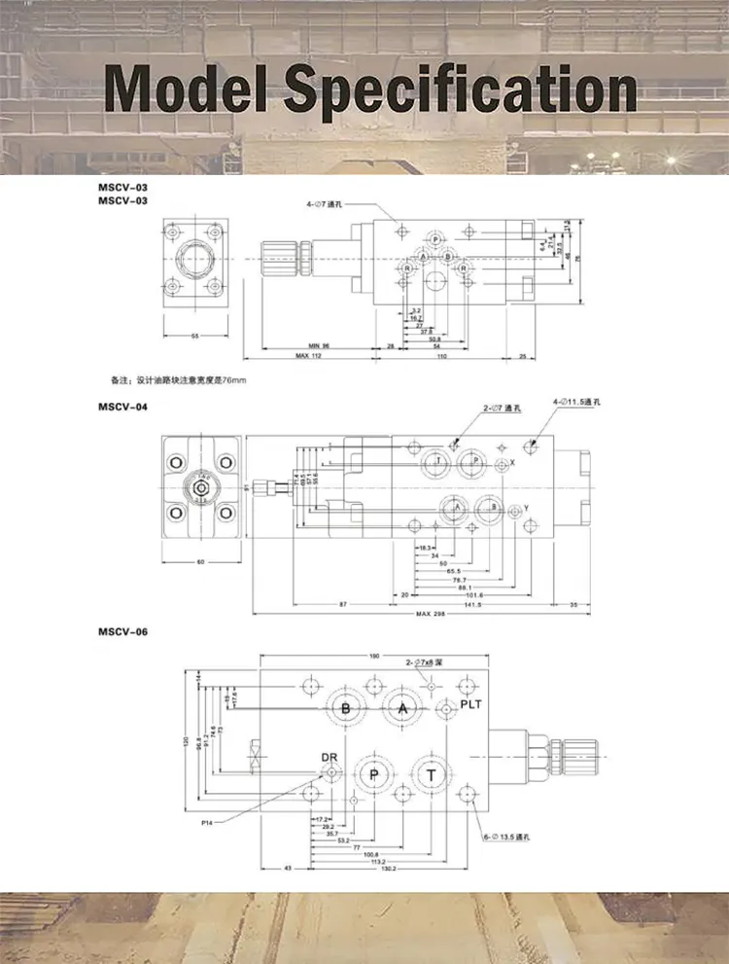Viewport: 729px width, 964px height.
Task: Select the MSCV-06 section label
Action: coord(122,632)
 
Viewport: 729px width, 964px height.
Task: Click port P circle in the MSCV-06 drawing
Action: coord(375,773)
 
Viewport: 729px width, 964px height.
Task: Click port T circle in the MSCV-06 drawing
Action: coord(431,773)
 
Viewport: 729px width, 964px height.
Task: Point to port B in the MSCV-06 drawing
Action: coord(345,708)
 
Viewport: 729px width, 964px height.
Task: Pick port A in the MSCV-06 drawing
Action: coord(402,708)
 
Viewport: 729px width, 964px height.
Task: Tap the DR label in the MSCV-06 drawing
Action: coord(330,757)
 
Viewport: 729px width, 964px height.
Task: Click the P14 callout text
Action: coord(208,822)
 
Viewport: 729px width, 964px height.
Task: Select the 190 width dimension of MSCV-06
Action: coord(374,656)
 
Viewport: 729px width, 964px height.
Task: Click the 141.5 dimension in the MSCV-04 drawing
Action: coord(472,604)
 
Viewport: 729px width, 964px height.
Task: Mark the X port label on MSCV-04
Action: coord(512,463)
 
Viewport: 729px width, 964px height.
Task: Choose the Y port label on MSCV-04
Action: coord(525,509)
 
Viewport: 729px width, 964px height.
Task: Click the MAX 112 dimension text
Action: coord(308,356)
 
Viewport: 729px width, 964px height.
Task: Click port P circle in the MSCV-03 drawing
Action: coord(435,239)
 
